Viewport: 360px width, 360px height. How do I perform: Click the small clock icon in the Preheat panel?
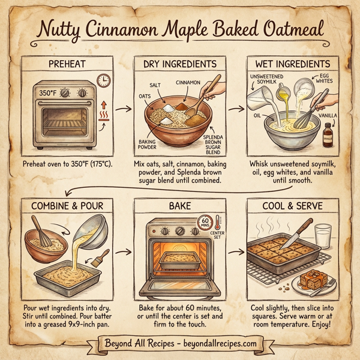coord(103,80)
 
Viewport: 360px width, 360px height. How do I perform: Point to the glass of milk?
coord(323,233)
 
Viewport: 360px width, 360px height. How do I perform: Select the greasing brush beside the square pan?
coord(99,260)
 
